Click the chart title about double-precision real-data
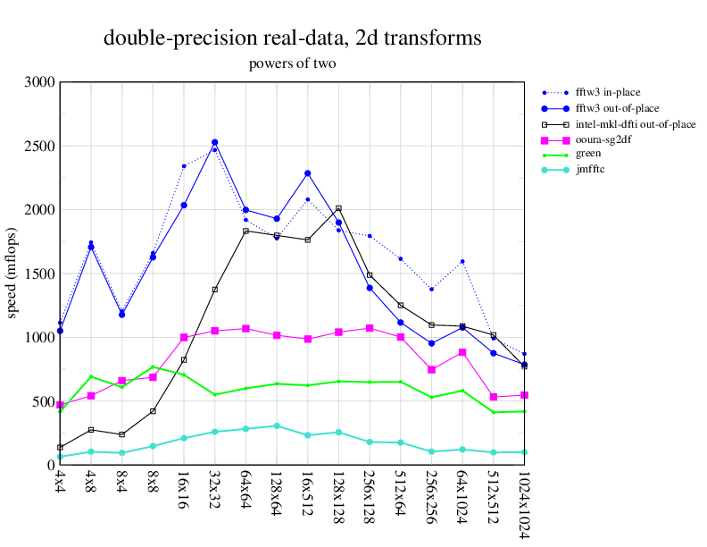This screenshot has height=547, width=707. [x=293, y=38]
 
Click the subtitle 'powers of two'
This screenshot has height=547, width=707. [x=293, y=63]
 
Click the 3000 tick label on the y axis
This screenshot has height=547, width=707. [x=39, y=82]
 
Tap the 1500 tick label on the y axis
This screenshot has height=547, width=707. [x=39, y=273]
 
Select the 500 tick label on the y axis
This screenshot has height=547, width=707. [x=43, y=401]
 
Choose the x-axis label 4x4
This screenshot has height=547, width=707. [x=60, y=484]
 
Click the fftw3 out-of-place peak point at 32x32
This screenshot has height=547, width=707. [x=215, y=142]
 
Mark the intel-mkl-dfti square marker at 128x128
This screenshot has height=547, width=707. [x=338, y=208]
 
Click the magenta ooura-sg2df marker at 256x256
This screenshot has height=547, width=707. [x=431, y=369]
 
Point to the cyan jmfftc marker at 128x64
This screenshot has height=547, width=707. [x=277, y=425]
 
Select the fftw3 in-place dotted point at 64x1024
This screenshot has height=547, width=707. [x=462, y=261]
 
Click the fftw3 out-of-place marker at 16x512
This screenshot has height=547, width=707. [x=307, y=173]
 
